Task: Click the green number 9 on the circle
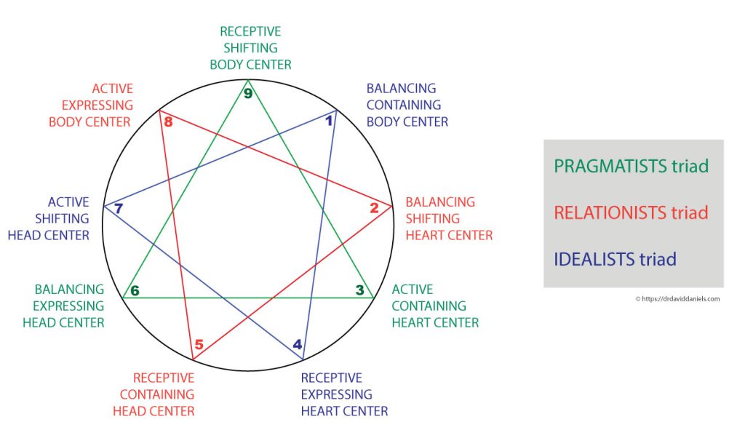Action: (247, 93)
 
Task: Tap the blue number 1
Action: (328, 121)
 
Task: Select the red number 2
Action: (375, 207)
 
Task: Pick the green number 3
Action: (359, 290)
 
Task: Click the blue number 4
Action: (298, 344)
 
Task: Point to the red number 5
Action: (199, 344)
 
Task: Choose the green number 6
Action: (135, 290)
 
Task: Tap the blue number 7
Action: (119, 208)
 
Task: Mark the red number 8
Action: (168, 122)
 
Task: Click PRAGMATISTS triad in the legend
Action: (631, 166)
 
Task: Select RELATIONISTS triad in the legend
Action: (631, 212)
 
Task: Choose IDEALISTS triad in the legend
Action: (615, 259)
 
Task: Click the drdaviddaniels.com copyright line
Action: (677, 299)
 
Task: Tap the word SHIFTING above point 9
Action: (250, 48)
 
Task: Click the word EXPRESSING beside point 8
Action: (97, 105)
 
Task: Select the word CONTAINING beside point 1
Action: (404, 105)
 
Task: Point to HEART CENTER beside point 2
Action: (449, 235)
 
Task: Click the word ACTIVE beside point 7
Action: (68, 202)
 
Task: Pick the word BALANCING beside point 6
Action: (69, 290)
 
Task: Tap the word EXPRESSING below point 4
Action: (336, 394)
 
